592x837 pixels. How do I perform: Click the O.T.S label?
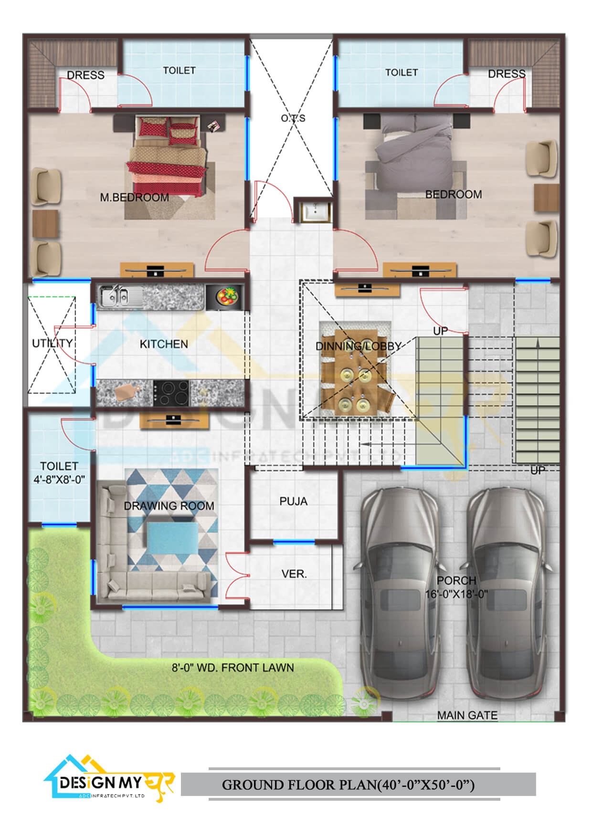[293, 118]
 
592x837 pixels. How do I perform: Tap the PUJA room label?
[294, 501]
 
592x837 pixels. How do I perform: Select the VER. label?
[294, 574]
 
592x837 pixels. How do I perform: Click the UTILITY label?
[53, 343]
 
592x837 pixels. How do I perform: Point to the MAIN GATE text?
[467, 715]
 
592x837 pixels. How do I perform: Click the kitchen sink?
[113, 296]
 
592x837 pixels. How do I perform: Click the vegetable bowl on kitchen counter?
[224, 296]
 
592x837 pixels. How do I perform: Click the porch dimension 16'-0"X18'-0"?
[456, 594]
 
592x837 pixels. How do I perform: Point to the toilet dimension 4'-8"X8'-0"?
[59, 479]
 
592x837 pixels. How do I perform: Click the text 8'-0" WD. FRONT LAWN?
[233, 668]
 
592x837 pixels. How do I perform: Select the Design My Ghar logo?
[109, 779]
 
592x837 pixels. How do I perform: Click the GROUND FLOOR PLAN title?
[349, 785]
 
